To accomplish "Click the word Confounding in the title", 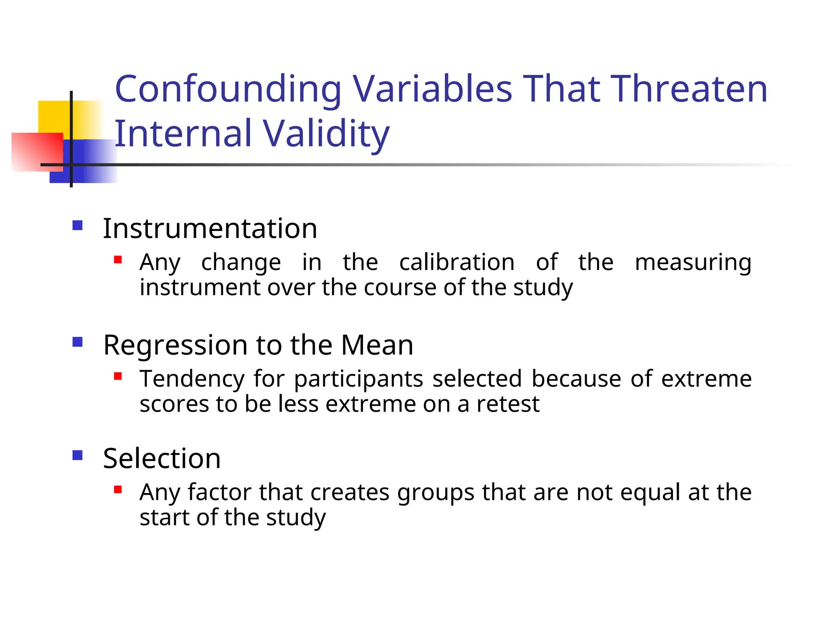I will [x=228, y=89].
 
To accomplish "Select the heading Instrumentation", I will [x=210, y=228].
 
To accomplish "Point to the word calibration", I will [x=457, y=262].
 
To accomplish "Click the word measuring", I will [x=693, y=263].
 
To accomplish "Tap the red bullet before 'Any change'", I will [x=118, y=260].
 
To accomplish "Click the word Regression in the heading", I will [x=175, y=345].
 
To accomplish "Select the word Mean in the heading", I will [x=377, y=345].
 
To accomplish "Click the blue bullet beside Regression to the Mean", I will [x=77, y=342].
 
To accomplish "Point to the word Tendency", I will [x=192, y=379].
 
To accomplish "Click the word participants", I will [x=358, y=379].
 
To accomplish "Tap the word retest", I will [x=508, y=404].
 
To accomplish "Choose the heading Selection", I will [x=162, y=458].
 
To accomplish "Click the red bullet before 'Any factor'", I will [x=118, y=489].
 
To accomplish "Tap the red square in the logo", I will [x=37, y=152].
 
